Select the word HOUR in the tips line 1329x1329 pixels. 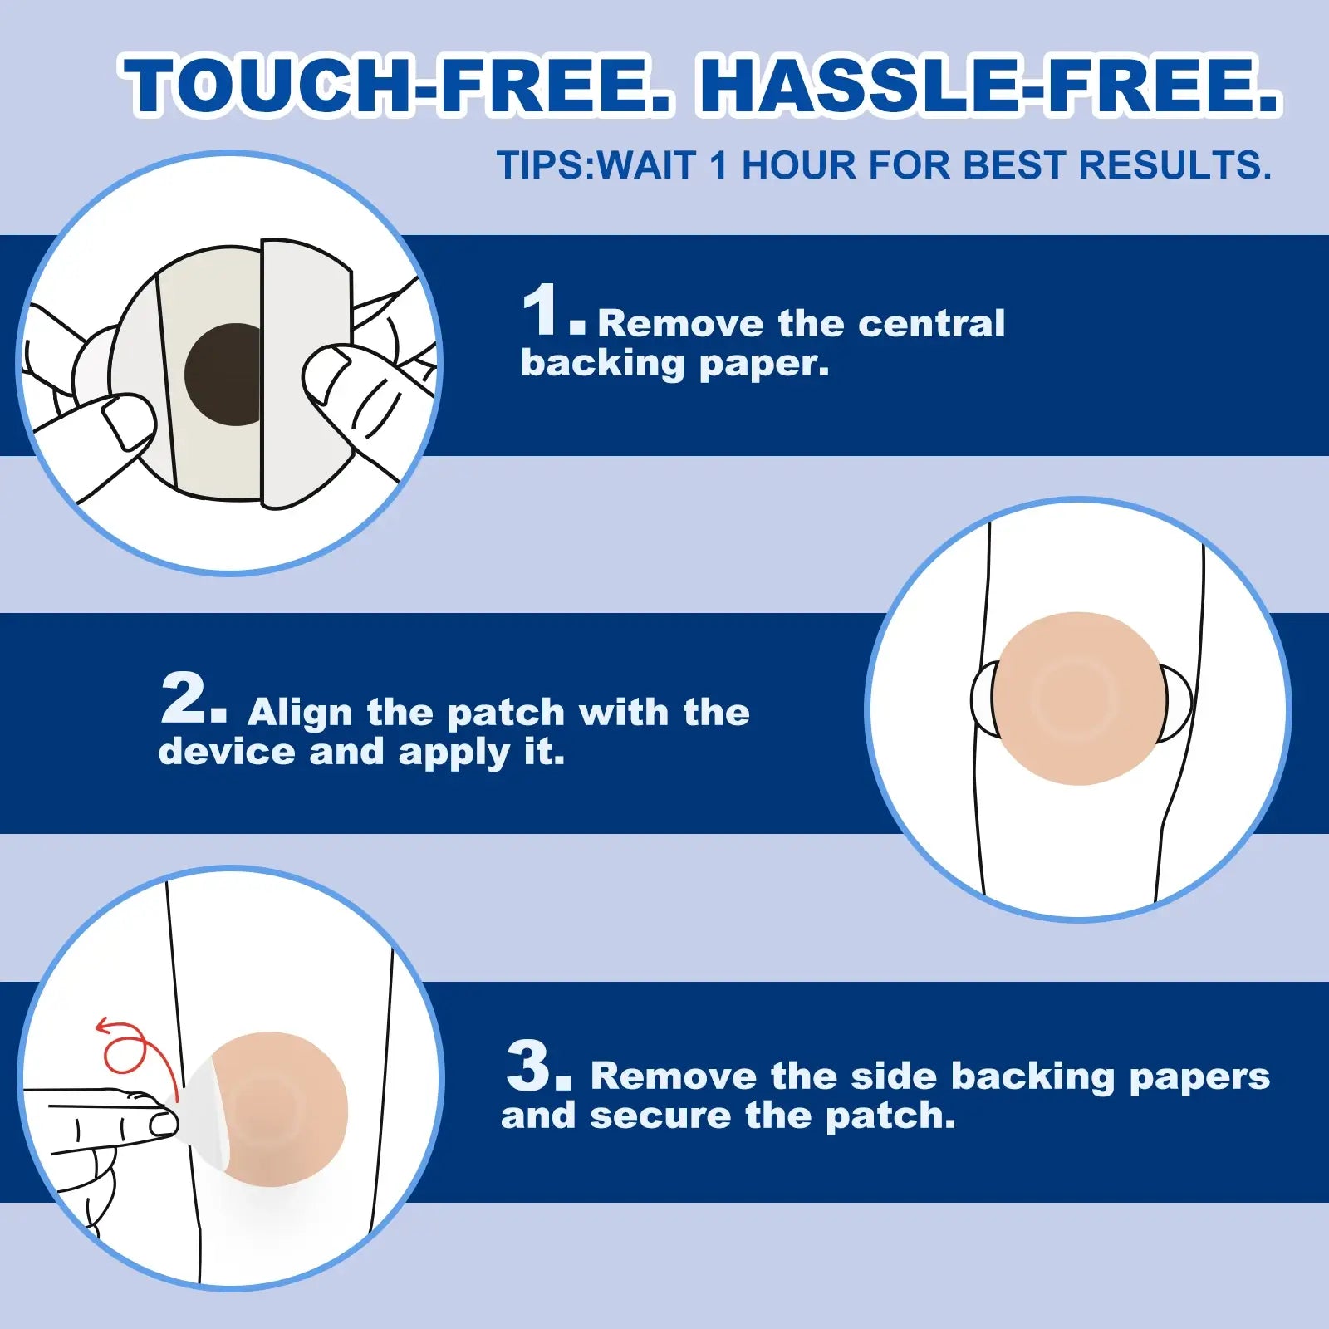(x=797, y=165)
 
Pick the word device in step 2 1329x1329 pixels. (x=227, y=752)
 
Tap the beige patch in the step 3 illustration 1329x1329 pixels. (x=278, y=1109)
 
